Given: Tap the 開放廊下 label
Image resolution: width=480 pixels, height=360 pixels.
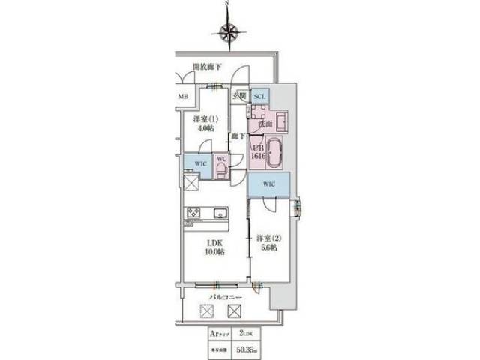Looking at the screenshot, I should pyautogui.click(x=208, y=67).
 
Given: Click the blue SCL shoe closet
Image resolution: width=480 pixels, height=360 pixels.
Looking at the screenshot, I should pyautogui.click(x=259, y=97).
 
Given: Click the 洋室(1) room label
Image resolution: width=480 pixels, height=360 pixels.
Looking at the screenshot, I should pyautogui.click(x=203, y=118).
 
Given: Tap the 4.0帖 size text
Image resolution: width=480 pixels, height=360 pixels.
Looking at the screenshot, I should pyautogui.click(x=203, y=129).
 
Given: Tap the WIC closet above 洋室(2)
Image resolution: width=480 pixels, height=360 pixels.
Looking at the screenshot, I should pyautogui.click(x=271, y=184).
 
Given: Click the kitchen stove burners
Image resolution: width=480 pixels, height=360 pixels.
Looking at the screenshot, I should pyautogui.click(x=192, y=212).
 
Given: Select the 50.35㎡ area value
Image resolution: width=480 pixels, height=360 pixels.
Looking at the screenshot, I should pyautogui.click(x=246, y=347).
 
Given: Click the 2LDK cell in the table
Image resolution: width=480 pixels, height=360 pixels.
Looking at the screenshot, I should pyautogui.click(x=246, y=332).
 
